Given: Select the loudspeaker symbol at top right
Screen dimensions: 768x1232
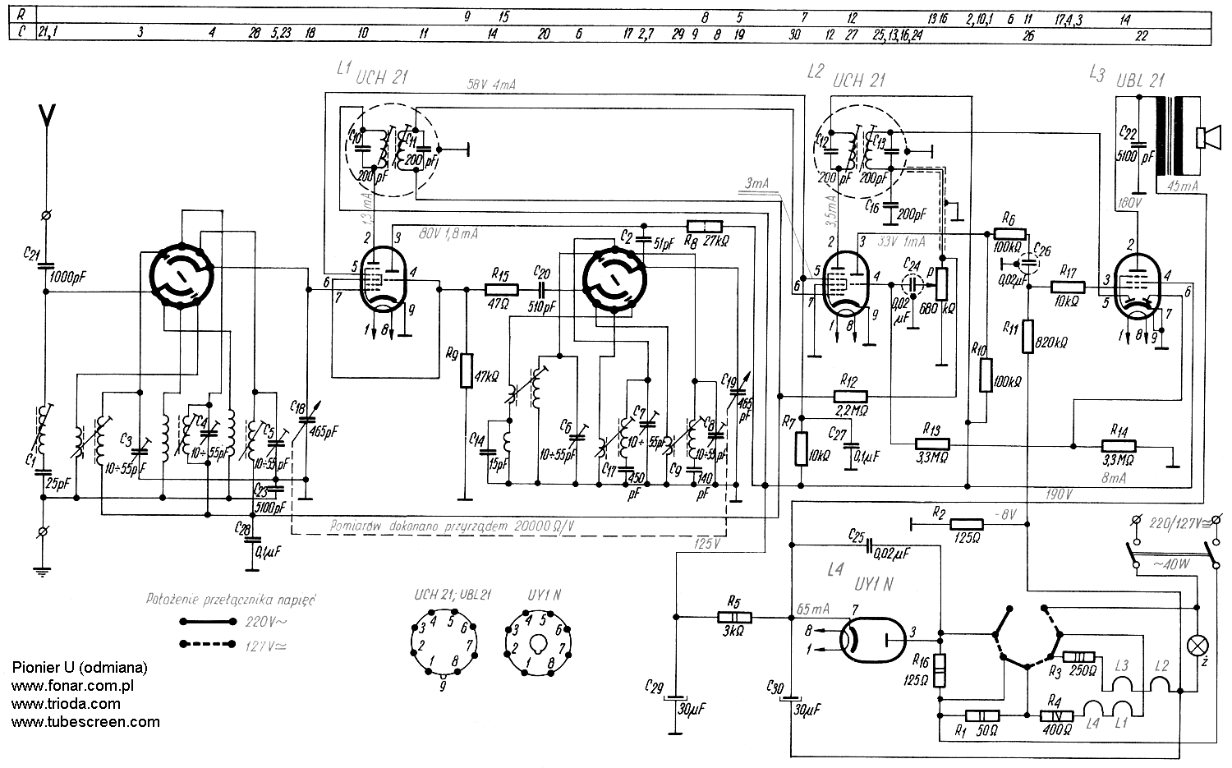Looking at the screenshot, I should point(1206,138).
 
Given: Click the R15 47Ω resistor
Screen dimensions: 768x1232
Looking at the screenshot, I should point(501,289).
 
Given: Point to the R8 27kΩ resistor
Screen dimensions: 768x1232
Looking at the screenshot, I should point(705,228).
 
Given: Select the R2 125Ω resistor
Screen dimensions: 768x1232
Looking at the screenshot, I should point(967,524).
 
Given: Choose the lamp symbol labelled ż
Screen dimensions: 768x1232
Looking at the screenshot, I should point(1195,643).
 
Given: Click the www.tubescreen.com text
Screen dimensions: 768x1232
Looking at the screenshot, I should point(85,722).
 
